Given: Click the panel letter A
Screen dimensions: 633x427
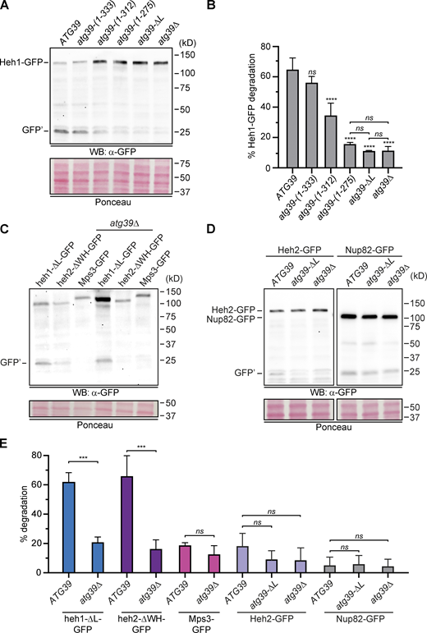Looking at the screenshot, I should click(x=7, y=7).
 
